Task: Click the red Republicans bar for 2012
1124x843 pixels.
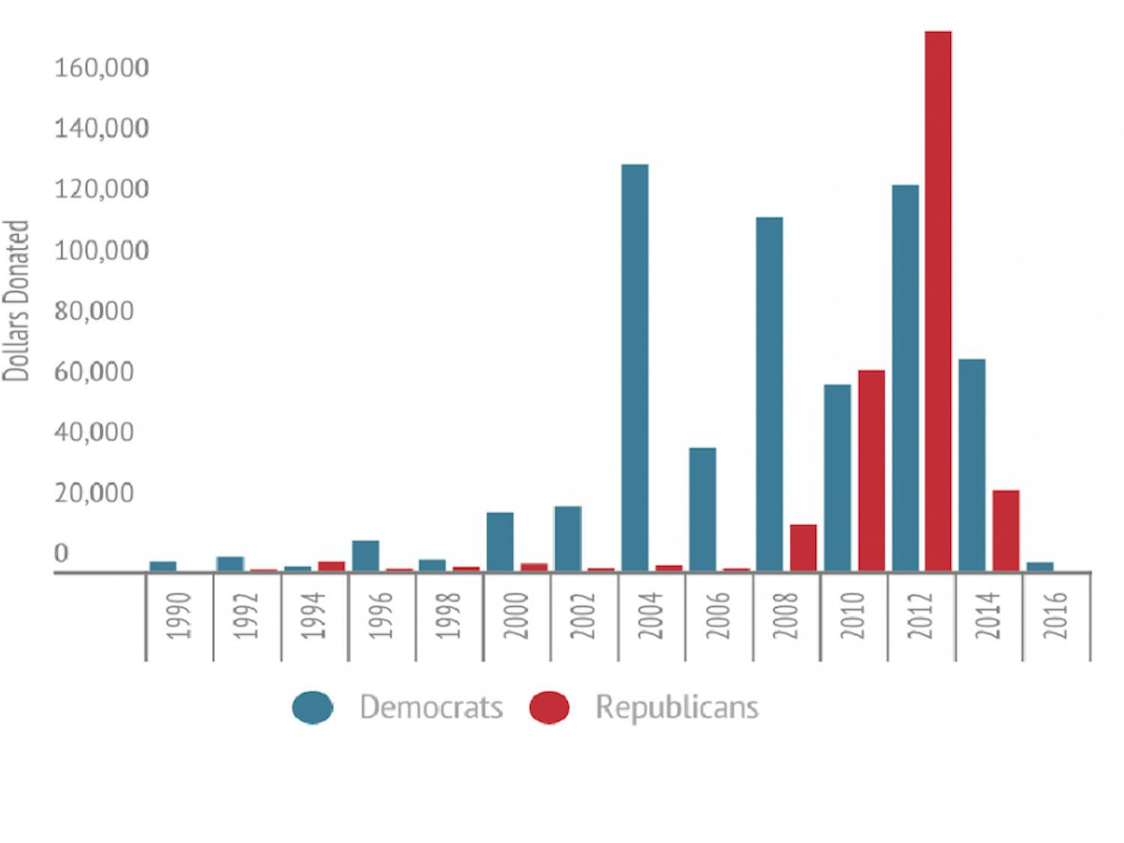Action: click(938, 300)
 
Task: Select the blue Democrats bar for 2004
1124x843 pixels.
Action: click(635, 367)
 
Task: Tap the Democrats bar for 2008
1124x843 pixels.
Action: click(770, 393)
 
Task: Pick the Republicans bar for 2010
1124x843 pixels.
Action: click(871, 471)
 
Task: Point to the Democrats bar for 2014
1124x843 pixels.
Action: click(972, 465)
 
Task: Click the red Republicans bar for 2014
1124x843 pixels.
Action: click(1006, 531)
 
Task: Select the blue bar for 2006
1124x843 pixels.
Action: click(702, 510)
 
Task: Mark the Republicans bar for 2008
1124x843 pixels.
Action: click(803, 548)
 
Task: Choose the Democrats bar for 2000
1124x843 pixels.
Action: click(500, 542)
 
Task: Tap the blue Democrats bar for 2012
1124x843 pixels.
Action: click(905, 378)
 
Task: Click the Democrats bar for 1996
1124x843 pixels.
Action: click(366, 556)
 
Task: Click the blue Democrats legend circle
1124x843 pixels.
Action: click(312, 707)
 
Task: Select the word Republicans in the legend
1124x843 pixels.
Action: click(677, 707)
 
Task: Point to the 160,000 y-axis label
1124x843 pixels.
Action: click(101, 68)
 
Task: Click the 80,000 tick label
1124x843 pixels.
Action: click(94, 311)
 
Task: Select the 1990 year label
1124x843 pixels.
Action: click(180, 615)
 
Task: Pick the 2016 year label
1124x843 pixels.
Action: click(1056, 615)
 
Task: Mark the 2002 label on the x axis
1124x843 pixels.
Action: click(584, 615)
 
